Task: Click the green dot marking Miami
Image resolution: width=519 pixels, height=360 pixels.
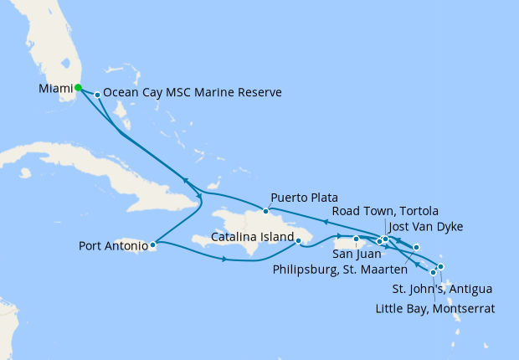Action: coord(78,87)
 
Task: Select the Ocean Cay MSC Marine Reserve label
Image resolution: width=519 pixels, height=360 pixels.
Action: coord(193,92)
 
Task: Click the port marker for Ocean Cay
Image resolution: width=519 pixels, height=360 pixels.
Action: coord(98,95)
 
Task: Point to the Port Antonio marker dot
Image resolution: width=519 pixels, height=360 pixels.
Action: coord(152,245)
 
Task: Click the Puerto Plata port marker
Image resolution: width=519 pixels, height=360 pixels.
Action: coord(265,210)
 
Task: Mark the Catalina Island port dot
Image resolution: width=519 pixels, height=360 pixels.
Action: coord(299,242)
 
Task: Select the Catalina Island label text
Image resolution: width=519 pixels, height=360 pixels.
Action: coord(252,237)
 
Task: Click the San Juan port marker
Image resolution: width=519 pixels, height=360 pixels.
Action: coord(357,239)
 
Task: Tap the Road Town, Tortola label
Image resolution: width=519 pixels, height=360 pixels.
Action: coord(385,210)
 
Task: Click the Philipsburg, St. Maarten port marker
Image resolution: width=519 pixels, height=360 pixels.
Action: coord(416,247)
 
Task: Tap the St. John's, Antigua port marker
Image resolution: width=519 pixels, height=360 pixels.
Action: coord(440,267)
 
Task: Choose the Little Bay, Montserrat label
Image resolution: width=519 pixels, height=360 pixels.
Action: coord(433,308)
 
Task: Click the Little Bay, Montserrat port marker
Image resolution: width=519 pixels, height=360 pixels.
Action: coord(434,272)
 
